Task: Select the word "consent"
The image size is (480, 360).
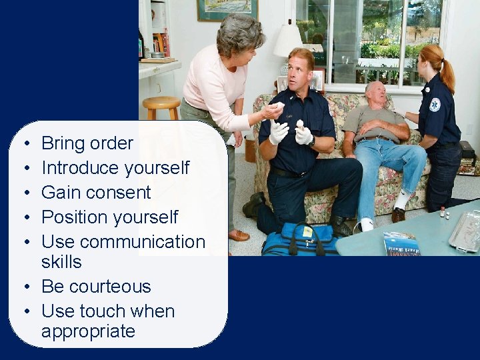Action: coord(121,193)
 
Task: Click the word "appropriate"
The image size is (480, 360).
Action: coord(88,331)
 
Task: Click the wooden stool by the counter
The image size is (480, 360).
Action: coord(161,106)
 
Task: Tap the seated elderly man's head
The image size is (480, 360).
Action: coord(375,93)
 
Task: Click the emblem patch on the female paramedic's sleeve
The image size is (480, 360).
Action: coord(435,105)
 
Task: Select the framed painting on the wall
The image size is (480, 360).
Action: coord(227,9)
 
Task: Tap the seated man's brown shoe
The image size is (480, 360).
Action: coord(398,215)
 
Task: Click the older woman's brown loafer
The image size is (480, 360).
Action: coord(238,235)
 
